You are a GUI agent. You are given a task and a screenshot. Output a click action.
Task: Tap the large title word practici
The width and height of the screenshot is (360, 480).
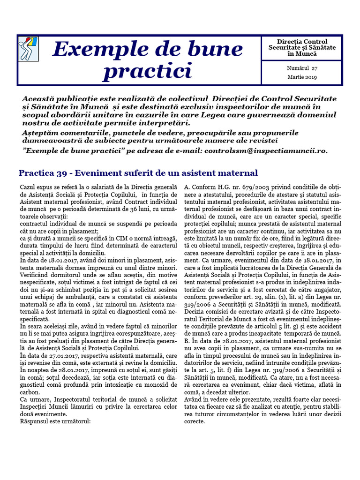click(147, 71)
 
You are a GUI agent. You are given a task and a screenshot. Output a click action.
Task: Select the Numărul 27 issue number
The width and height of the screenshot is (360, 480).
click(301, 68)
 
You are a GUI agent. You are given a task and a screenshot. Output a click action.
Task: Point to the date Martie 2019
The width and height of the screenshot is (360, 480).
click(301, 77)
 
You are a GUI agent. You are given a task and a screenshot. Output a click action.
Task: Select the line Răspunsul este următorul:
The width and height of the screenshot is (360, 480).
click(55, 421)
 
